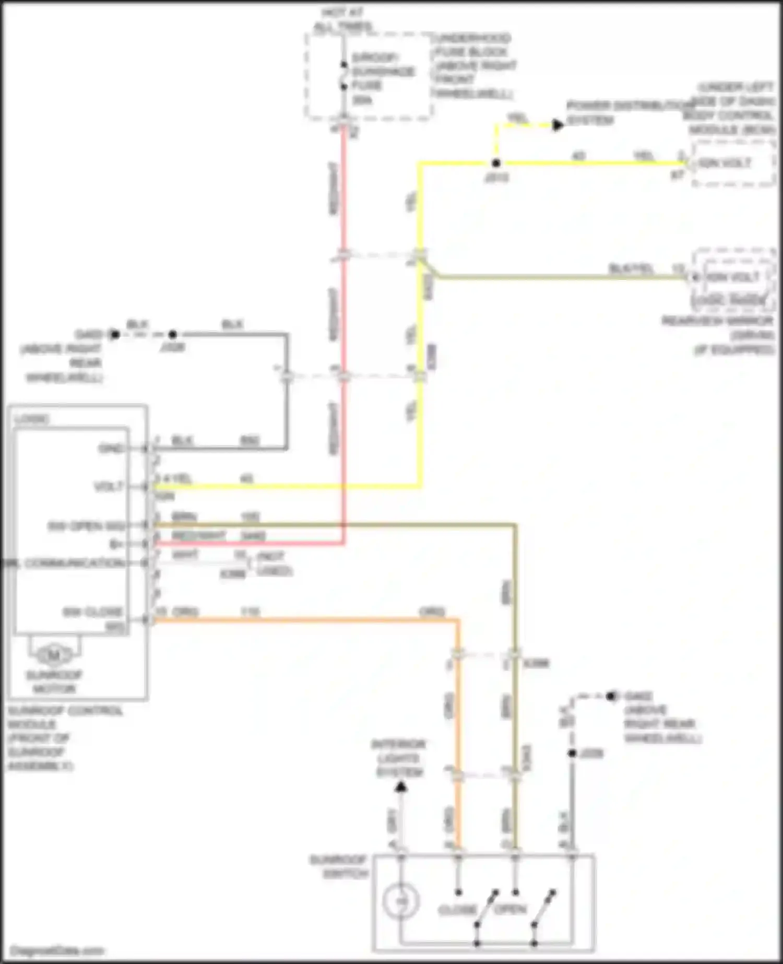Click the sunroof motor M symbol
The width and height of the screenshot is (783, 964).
[x=54, y=654]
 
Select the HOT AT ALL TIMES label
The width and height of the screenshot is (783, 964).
[x=343, y=19]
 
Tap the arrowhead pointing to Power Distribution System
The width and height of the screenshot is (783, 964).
[x=557, y=125]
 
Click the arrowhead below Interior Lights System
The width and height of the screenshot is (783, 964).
[x=400, y=786]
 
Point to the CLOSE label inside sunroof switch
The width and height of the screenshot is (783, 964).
[x=457, y=910]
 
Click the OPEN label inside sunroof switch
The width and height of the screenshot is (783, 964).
[x=510, y=909]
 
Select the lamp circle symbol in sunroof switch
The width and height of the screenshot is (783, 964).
[x=400, y=902]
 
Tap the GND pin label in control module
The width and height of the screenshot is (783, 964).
[x=111, y=449]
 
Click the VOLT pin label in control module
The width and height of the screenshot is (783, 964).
[x=108, y=487]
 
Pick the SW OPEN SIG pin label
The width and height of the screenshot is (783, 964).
[x=86, y=526]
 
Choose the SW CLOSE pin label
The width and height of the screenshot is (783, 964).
[x=93, y=612]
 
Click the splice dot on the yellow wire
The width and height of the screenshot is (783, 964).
[x=496, y=163]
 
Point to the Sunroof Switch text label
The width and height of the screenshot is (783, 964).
[x=338, y=866]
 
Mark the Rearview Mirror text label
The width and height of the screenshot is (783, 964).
[x=718, y=321]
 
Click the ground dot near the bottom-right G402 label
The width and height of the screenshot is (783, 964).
[x=610, y=696]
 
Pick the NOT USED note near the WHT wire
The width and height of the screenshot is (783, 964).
[x=274, y=564]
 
